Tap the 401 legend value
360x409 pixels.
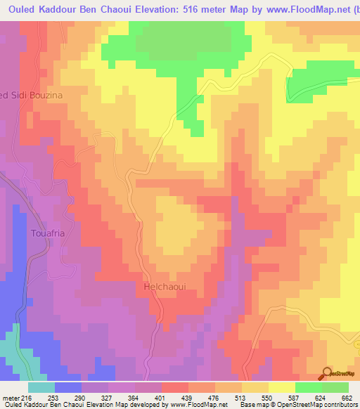click(162, 398)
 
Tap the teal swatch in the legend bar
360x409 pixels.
click(41, 387)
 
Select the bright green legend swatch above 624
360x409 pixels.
click(308, 387)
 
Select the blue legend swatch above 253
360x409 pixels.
click(68, 387)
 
